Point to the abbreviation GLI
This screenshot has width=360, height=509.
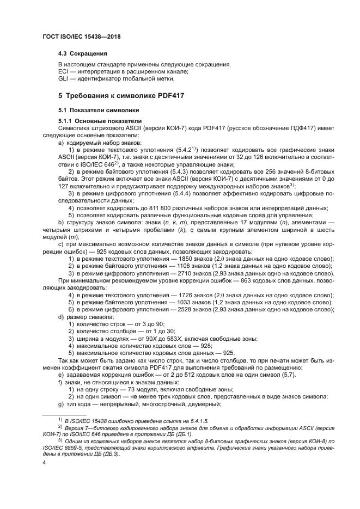[x=64, y=78]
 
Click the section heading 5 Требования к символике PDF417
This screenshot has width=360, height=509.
[x=121, y=96]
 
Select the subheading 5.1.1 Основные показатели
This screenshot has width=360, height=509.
[x=100, y=120]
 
